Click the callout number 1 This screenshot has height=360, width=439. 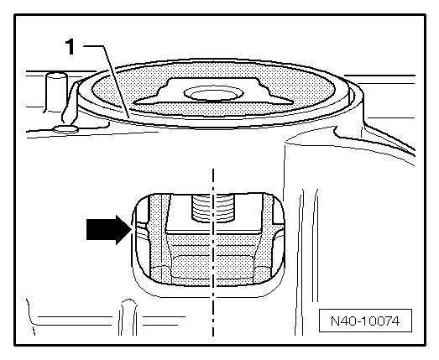[x=70, y=47]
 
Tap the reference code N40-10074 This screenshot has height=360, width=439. [x=365, y=321]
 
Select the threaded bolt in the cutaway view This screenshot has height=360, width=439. [x=212, y=209]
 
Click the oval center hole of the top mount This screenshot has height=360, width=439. [x=213, y=93]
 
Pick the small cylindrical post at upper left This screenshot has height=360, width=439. [x=56, y=92]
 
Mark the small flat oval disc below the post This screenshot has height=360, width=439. [x=66, y=129]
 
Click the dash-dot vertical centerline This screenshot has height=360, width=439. [x=213, y=252]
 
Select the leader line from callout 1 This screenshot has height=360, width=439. [x=107, y=81]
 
